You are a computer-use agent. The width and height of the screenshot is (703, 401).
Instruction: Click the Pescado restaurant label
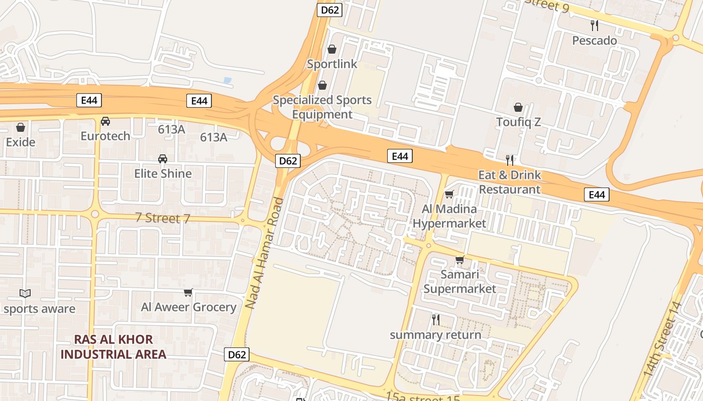(x=595, y=41)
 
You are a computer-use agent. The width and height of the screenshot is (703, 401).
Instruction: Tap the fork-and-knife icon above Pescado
(x=595, y=26)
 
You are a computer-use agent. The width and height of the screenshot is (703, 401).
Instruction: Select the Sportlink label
(x=332, y=64)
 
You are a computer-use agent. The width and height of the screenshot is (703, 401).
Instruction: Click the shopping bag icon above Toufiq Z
(x=518, y=107)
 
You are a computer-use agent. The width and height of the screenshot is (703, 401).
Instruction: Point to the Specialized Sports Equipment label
(x=322, y=107)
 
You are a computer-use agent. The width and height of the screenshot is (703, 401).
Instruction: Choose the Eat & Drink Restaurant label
(x=509, y=182)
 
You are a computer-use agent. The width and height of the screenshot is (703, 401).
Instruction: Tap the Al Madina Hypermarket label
(x=449, y=216)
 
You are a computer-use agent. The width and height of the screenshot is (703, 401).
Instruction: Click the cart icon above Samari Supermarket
(x=459, y=260)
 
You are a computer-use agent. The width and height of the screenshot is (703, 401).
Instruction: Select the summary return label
(x=435, y=335)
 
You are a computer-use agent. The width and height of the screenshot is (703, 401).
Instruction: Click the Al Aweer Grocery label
(x=189, y=307)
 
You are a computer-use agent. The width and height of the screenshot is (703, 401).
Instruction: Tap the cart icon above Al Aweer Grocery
(x=188, y=292)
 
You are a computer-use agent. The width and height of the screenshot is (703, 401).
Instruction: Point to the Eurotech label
(x=105, y=136)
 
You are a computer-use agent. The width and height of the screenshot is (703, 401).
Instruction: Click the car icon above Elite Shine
(x=163, y=159)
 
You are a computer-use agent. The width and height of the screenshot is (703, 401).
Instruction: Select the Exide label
(x=21, y=142)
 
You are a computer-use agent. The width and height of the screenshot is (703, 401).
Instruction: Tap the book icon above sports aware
(x=25, y=293)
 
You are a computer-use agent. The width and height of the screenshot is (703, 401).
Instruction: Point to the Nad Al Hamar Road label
(x=265, y=253)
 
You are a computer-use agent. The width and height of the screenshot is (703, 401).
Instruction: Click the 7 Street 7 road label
(x=163, y=219)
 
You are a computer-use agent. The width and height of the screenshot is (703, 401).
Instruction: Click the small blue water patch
(x=227, y=80)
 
